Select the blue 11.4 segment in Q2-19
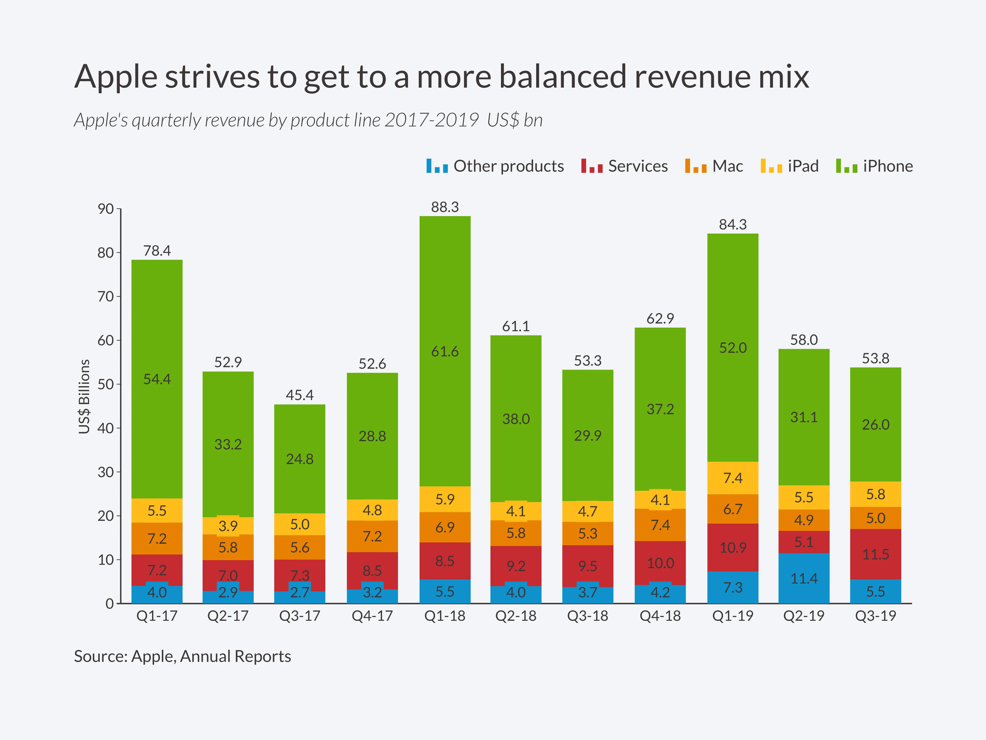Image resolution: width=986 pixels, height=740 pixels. click(x=804, y=579)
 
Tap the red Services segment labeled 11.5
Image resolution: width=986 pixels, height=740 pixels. click(x=875, y=554)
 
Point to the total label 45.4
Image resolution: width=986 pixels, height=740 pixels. click(x=300, y=395)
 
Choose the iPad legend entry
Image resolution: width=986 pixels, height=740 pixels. click(x=790, y=166)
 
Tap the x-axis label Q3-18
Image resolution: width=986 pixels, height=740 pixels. click(x=587, y=616)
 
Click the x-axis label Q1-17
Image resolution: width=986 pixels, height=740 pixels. click(x=157, y=616)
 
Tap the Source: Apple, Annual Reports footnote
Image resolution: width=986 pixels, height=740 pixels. click(x=182, y=656)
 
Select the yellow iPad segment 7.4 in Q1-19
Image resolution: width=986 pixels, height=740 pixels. click(x=733, y=478)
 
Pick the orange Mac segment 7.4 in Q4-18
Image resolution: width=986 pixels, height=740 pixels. click(x=660, y=525)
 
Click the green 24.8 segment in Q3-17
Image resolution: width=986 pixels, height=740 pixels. click(x=300, y=459)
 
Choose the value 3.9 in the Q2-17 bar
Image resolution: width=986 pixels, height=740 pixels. click(x=228, y=526)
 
